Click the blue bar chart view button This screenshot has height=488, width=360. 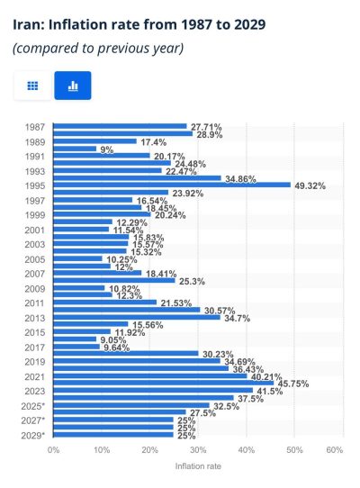tap(73, 86)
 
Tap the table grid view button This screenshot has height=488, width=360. tap(32, 86)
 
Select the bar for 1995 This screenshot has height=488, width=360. tap(172, 185)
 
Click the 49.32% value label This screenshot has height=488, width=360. tap(310, 186)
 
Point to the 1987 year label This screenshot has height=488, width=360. tap(35, 127)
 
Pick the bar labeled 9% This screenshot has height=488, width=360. tap(75, 149)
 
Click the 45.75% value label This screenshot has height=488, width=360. tap(293, 384)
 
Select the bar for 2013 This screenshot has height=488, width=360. tap(137, 318)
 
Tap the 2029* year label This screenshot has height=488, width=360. tap(33, 436)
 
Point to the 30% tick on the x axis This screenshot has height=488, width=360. tap(198, 450)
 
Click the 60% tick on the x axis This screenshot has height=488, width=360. tap(335, 450)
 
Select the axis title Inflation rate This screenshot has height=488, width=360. tap(198, 466)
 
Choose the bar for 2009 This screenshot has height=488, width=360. tap(79, 288)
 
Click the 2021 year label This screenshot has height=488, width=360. tap(35, 377)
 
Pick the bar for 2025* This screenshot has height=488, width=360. tap(131, 405)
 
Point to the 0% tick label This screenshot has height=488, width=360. tap(53, 450)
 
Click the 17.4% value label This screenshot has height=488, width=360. tap(154, 142)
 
